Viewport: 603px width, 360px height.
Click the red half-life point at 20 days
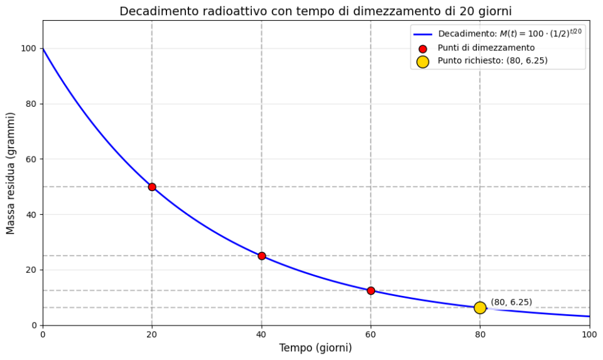click(152, 187)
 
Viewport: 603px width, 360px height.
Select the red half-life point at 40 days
click(261, 256)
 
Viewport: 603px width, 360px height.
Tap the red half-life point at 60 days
click(371, 290)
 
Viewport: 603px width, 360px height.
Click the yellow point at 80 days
click(480, 308)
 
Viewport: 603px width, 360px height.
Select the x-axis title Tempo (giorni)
click(315, 348)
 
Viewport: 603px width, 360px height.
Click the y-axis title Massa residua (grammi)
click(11, 173)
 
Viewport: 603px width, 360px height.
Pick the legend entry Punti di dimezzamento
click(486, 48)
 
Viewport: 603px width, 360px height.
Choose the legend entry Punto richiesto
click(487, 61)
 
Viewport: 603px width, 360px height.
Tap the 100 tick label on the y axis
click(28, 48)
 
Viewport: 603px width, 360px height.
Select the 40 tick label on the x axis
click(261, 334)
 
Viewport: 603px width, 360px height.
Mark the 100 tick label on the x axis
click(589, 334)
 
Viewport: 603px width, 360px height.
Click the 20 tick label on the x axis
click(152, 334)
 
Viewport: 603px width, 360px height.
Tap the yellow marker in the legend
click(423, 61)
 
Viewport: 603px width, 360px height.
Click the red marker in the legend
click(423, 48)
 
